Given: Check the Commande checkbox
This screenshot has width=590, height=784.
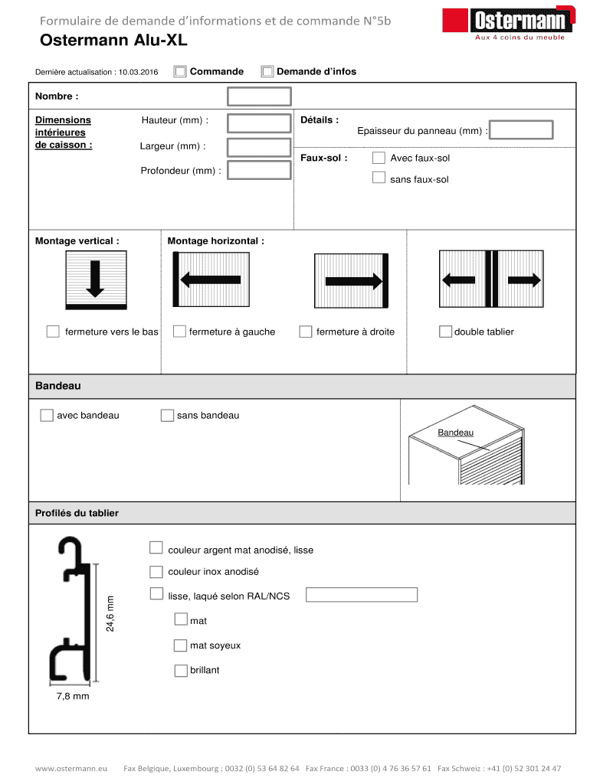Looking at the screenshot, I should (x=180, y=72).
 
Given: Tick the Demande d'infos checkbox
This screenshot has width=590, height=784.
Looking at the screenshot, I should (x=267, y=72).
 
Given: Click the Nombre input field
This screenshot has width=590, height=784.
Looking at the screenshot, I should (x=259, y=96).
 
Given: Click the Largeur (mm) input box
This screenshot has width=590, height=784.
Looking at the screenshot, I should (x=259, y=147).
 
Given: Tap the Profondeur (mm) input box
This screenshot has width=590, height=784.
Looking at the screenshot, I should (x=259, y=170).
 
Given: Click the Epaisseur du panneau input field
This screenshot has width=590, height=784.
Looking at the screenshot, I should (x=522, y=130).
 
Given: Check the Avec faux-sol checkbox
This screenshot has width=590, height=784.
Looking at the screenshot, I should (x=379, y=158).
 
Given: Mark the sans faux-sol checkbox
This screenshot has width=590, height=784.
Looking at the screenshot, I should (x=379, y=178).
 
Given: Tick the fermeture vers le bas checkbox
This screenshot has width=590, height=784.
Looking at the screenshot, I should (x=53, y=332).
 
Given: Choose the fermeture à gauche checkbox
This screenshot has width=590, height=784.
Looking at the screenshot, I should (x=179, y=332).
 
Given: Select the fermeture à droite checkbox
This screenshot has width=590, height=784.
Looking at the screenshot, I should (x=306, y=332).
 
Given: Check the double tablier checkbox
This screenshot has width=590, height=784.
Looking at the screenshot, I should (x=445, y=332).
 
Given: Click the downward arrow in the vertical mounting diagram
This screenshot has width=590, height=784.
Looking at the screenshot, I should (x=95, y=278).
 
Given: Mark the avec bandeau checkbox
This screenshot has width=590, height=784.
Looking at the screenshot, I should (x=47, y=415).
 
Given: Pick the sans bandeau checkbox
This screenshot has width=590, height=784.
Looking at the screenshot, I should (x=167, y=415).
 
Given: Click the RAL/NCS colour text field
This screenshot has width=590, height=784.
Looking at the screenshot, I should (x=362, y=595).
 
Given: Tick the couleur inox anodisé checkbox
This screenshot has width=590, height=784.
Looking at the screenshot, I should (x=156, y=572).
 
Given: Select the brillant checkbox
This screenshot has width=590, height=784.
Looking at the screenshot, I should (x=181, y=671).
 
